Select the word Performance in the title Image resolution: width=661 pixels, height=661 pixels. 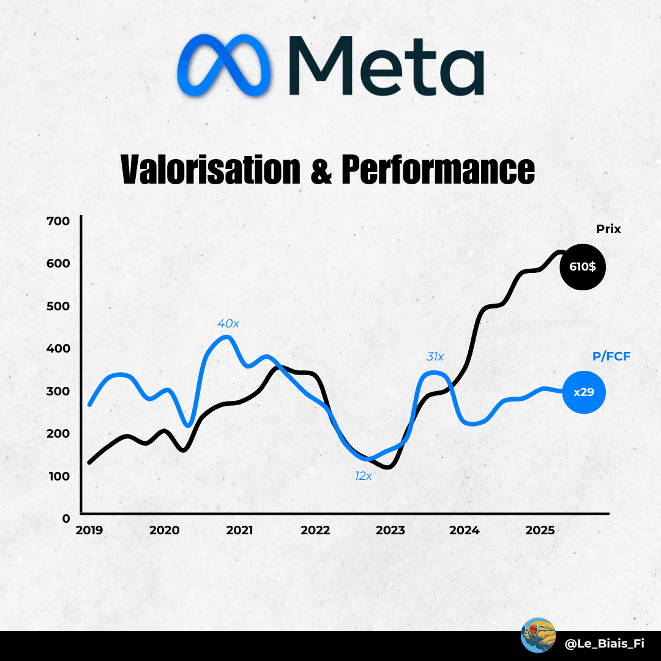[x=438, y=170]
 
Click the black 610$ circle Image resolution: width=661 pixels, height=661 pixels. [x=583, y=267]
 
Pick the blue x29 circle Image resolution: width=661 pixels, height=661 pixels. [x=583, y=392]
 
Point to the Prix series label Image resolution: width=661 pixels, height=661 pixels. [x=608, y=230]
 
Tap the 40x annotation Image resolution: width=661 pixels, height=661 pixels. [x=228, y=323]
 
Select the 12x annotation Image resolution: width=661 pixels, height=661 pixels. [x=364, y=475]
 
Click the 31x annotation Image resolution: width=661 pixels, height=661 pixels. [x=435, y=357]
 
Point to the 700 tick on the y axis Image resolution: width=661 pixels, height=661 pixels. [x=59, y=221]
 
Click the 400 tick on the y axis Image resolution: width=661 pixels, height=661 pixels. [x=59, y=348]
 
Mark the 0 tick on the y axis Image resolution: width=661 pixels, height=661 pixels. [x=66, y=519]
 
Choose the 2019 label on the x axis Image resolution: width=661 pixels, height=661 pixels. [x=89, y=530]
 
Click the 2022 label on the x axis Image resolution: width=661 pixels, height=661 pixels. [x=315, y=530]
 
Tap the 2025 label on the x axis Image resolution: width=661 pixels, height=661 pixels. [x=540, y=530]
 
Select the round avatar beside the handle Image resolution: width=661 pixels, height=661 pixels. [x=538, y=635]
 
